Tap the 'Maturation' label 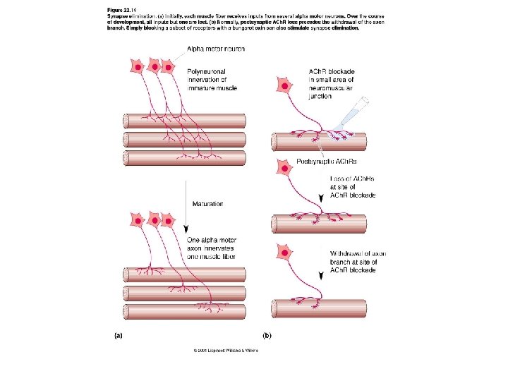[207, 204]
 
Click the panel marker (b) [267, 337]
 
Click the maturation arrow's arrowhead [186, 229]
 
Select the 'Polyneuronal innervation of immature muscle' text [212, 79]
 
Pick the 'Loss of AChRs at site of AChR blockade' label [353, 187]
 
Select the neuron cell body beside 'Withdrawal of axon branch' [285, 252]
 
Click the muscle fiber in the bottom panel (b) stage [319, 308]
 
